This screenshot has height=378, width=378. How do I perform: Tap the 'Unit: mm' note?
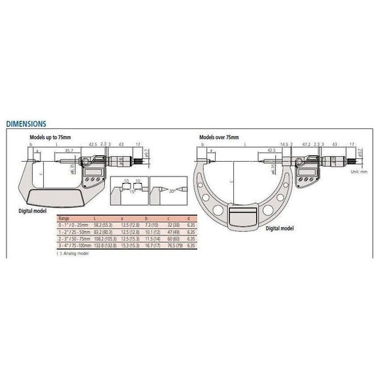point(360,171)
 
